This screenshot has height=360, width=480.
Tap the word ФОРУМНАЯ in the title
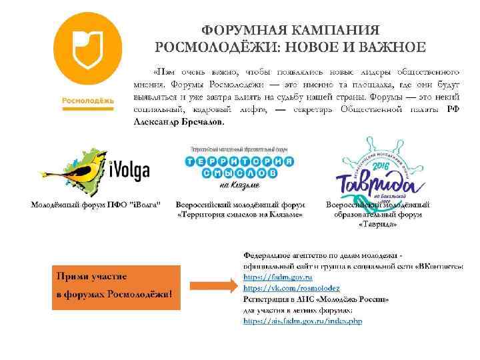tap(235, 31)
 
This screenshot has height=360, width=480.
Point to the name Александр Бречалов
tap(179, 123)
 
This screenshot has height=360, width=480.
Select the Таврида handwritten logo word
tap(375, 181)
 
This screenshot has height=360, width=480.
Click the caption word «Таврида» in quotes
tap(377, 224)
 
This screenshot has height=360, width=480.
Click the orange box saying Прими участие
tap(116, 287)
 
